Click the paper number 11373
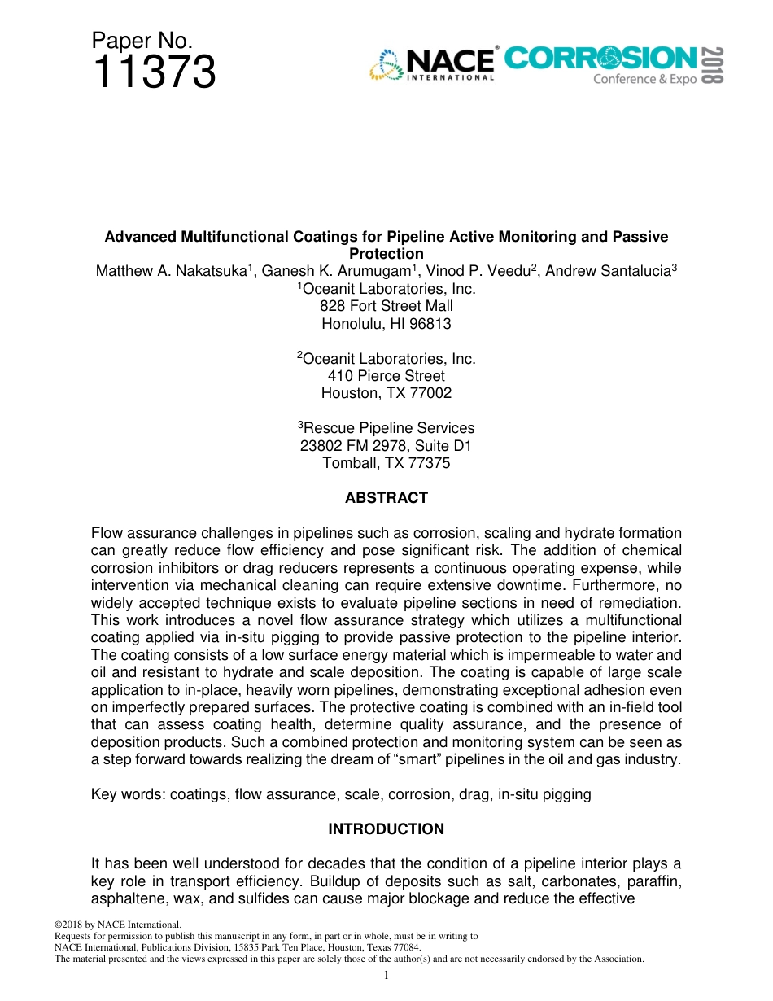(x=154, y=72)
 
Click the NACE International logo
(x=433, y=63)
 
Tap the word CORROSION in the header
(x=600, y=58)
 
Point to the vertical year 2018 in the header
(x=712, y=64)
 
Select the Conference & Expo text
(x=644, y=80)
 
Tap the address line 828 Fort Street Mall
(x=386, y=306)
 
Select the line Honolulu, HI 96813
(x=386, y=323)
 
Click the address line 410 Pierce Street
(x=386, y=376)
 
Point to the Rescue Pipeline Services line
(x=386, y=428)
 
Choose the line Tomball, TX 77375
(x=386, y=463)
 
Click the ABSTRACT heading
(x=386, y=498)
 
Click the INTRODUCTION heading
(x=386, y=829)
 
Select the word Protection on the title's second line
(x=386, y=254)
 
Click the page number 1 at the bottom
(x=386, y=976)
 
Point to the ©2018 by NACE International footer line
(x=117, y=925)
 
